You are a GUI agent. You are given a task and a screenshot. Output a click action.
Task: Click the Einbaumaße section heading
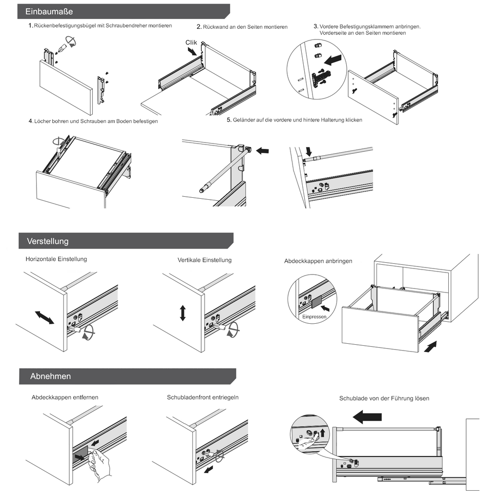[49, 11]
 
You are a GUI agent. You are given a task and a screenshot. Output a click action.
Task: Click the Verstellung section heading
[48, 241]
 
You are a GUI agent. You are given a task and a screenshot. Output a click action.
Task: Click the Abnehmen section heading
[50, 376]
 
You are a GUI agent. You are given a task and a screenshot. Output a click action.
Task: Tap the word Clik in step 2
[191, 42]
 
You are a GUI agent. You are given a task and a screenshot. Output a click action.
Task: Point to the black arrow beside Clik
[192, 50]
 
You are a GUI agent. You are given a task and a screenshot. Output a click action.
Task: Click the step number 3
[316, 26]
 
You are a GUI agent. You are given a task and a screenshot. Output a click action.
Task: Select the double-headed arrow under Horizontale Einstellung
[44, 317]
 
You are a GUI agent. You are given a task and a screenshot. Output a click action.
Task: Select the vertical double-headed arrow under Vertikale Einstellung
[183, 312]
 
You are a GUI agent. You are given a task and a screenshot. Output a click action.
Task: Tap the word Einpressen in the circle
[313, 317]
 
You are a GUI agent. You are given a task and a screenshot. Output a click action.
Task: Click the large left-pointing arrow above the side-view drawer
[367, 417]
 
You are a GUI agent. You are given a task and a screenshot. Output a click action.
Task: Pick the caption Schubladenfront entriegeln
[203, 397]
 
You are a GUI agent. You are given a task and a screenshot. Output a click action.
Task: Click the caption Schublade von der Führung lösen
[384, 398]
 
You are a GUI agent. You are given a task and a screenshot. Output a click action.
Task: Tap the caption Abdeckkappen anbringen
[318, 261]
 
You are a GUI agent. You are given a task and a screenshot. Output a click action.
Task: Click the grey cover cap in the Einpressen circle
[316, 302]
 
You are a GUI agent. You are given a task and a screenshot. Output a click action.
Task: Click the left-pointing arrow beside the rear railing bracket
[262, 151]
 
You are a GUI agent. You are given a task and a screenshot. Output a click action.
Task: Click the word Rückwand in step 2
[215, 27]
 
